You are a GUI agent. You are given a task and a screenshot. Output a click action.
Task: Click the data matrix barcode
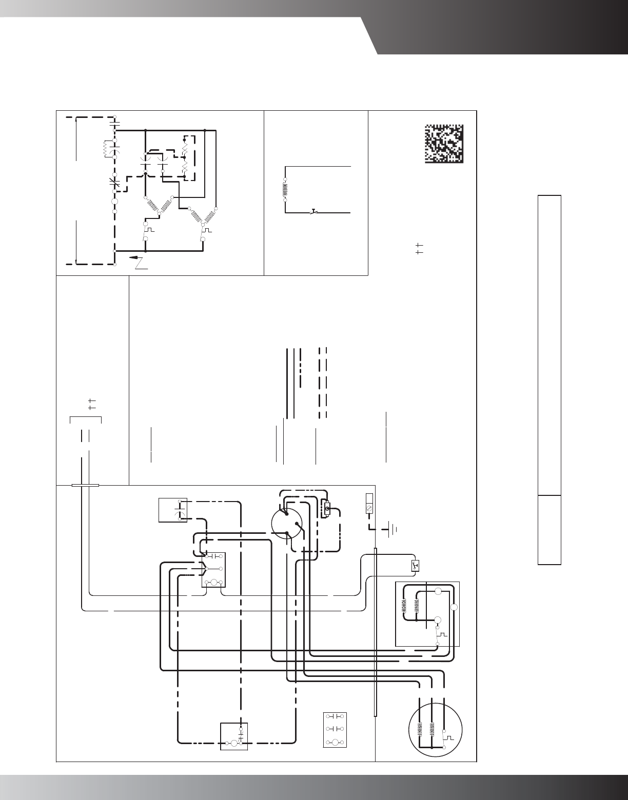click(444, 144)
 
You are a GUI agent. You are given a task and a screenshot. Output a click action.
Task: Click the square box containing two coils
click(427, 614)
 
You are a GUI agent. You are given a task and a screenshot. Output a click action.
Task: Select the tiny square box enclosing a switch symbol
click(415, 566)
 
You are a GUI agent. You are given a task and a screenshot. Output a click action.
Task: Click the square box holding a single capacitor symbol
click(172, 510)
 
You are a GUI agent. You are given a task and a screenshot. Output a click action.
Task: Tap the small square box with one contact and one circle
click(233, 736)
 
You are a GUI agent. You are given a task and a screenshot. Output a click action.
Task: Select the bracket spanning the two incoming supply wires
click(85, 419)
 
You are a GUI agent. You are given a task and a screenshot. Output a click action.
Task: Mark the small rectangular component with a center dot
click(326, 509)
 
